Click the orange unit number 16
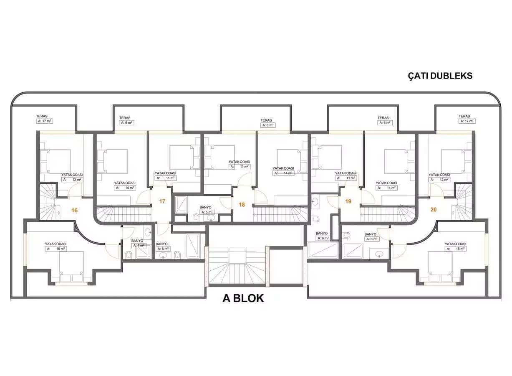click(x=74, y=210)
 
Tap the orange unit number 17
click(x=162, y=201)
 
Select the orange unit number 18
click(x=242, y=204)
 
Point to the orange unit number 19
click(x=348, y=201)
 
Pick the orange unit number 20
click(x=434, y=209)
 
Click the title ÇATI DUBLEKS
click(x=440, y=76)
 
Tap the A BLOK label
click(x=243, y=299)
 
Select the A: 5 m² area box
click(x=207, y=212)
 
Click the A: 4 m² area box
click(x=139, y=246)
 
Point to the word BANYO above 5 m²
click(x=206, y=207)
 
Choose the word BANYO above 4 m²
click(x=137, y=241)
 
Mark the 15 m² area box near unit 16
click(x=56, y=249)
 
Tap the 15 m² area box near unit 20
click(x=455, y=249)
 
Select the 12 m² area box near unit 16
click(x=72, y=180)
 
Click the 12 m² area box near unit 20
click(x=439, y=180)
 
